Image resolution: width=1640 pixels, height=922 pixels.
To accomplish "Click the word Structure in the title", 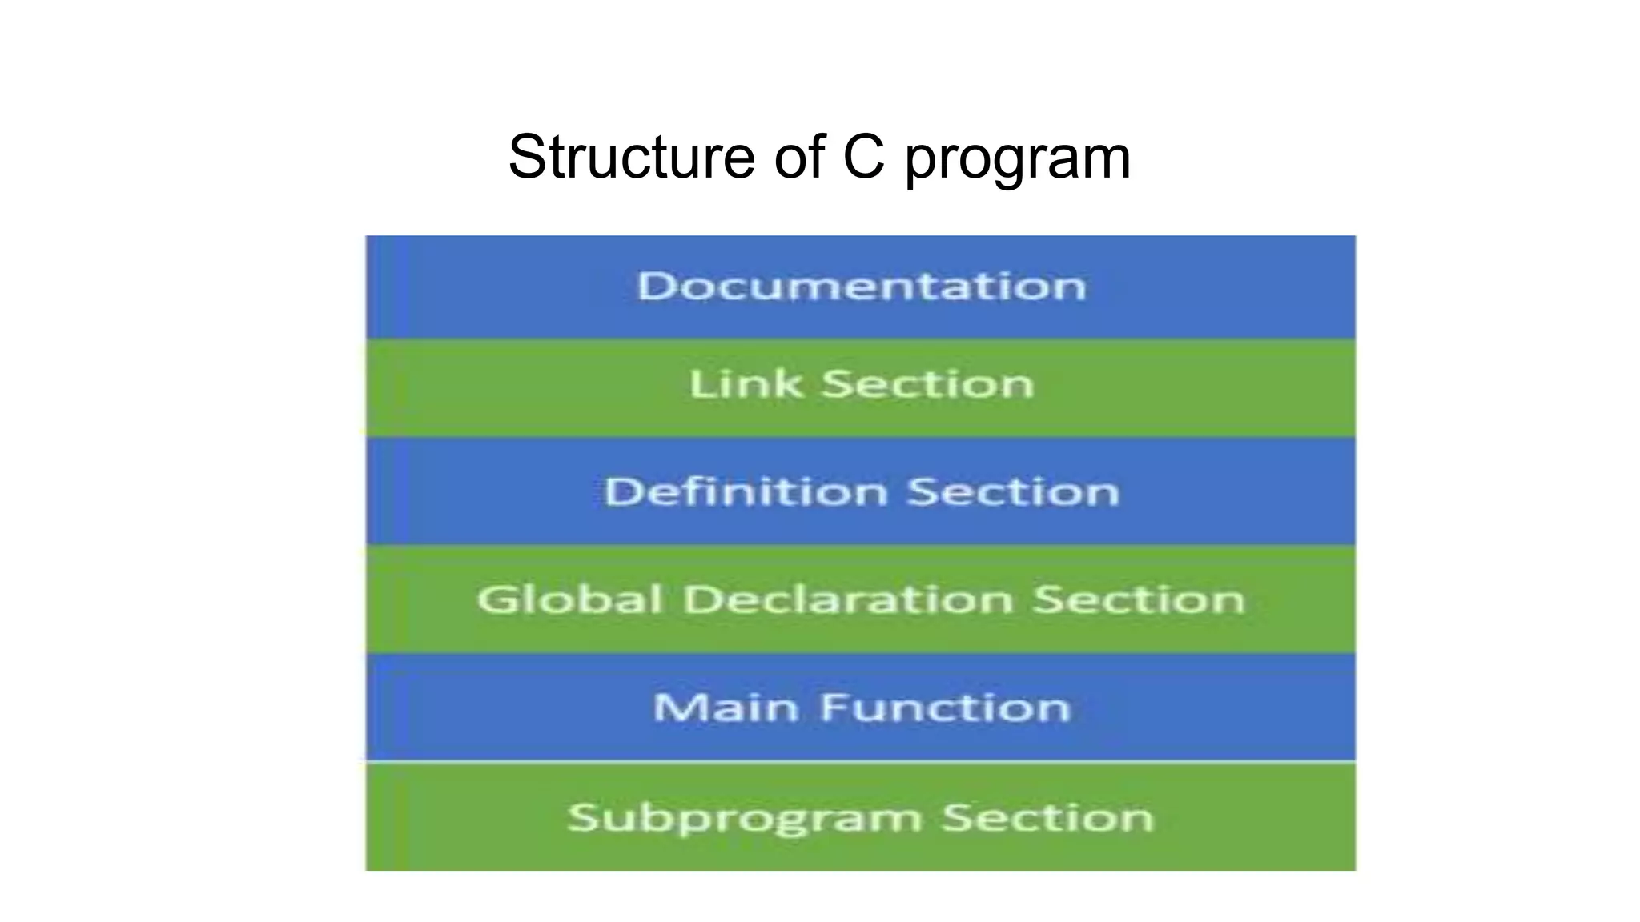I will (631, 157).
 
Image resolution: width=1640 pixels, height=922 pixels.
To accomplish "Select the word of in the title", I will (798, 157).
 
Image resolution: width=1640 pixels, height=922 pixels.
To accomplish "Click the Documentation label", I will (861, 286).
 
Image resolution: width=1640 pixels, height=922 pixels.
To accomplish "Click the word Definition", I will (746, 491).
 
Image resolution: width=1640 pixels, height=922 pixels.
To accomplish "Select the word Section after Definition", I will (1013, 491).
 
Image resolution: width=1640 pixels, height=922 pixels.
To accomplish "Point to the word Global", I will (569, 599).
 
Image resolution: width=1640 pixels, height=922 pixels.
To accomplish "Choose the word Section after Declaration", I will (1138, 599).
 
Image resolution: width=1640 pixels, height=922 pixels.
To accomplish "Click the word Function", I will (945, 708).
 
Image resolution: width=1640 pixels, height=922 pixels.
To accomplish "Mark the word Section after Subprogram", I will (1047, 817).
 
